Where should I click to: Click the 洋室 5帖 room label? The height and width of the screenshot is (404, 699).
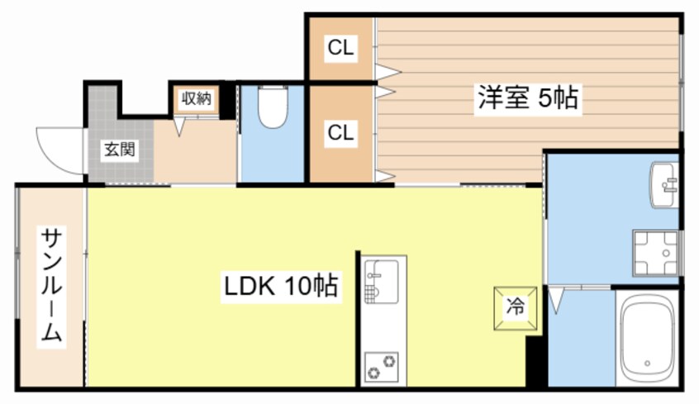(x=526, y=99)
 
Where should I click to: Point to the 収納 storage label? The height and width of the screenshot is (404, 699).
(x=197, y=98)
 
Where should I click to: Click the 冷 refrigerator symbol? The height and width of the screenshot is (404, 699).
(x=515, y=307)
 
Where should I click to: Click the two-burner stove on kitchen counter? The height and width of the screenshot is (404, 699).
(x=381, y=364)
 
